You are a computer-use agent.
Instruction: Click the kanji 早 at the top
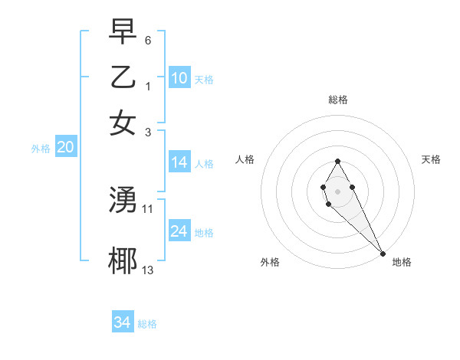click(x=123, y=33)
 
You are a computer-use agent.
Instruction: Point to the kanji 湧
click(x=123, y=201)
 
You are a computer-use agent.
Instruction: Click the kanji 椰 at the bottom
click(x=123, y=261)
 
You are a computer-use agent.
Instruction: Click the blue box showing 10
click(x=179, y=78)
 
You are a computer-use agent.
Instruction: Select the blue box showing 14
click(x=179, y=162)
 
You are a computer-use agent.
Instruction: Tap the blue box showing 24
click(x=179, y=231)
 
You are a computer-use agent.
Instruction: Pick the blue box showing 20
click(x=65, y=148)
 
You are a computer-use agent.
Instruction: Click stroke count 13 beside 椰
click(x=148, y=270)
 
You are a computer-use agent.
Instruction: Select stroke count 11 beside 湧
click(x=148, y=208)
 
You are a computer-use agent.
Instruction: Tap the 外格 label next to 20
click(x=40, y=149)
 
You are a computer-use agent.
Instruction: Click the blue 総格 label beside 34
click(x=147, y=324)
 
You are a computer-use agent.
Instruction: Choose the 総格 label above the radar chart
click(x=337, y=100)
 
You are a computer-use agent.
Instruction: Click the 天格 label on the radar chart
click(x=431, y=159)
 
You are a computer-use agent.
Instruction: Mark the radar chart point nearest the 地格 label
click(x=383, y=254)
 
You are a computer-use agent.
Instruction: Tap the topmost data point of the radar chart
click(x=337, y=161)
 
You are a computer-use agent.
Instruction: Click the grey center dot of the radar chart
click(x=337, y=190)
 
